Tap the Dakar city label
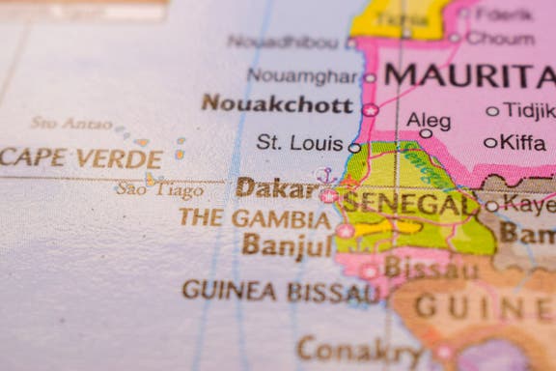[x=271, y=187]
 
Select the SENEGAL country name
[x=410, y=203]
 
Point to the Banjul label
[x=287, y=245]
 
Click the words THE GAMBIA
[x=255, y=217]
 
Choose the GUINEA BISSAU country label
[x=281, y=290]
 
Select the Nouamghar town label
[x=302, y=75]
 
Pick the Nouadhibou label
[x=285, y=42]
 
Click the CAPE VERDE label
[x=81, y=157]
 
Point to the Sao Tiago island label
[x=160, y=188]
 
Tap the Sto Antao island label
[x=70, y=123]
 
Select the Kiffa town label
[x=522, y=143]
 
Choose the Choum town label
[x=500, y=39]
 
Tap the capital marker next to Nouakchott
[x=370, y=110]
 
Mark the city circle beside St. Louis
[x=354, y=148]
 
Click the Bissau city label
[x=431, y=269]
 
